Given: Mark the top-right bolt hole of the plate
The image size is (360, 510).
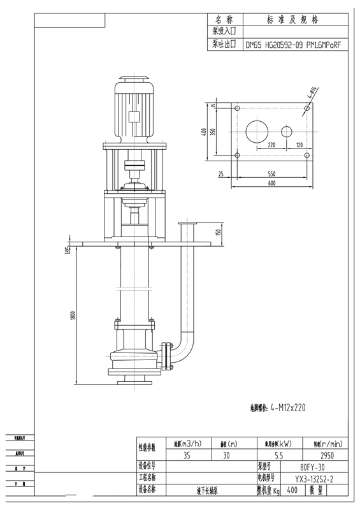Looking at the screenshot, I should pos(307,108).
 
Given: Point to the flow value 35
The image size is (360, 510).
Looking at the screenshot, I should pos(187,455).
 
